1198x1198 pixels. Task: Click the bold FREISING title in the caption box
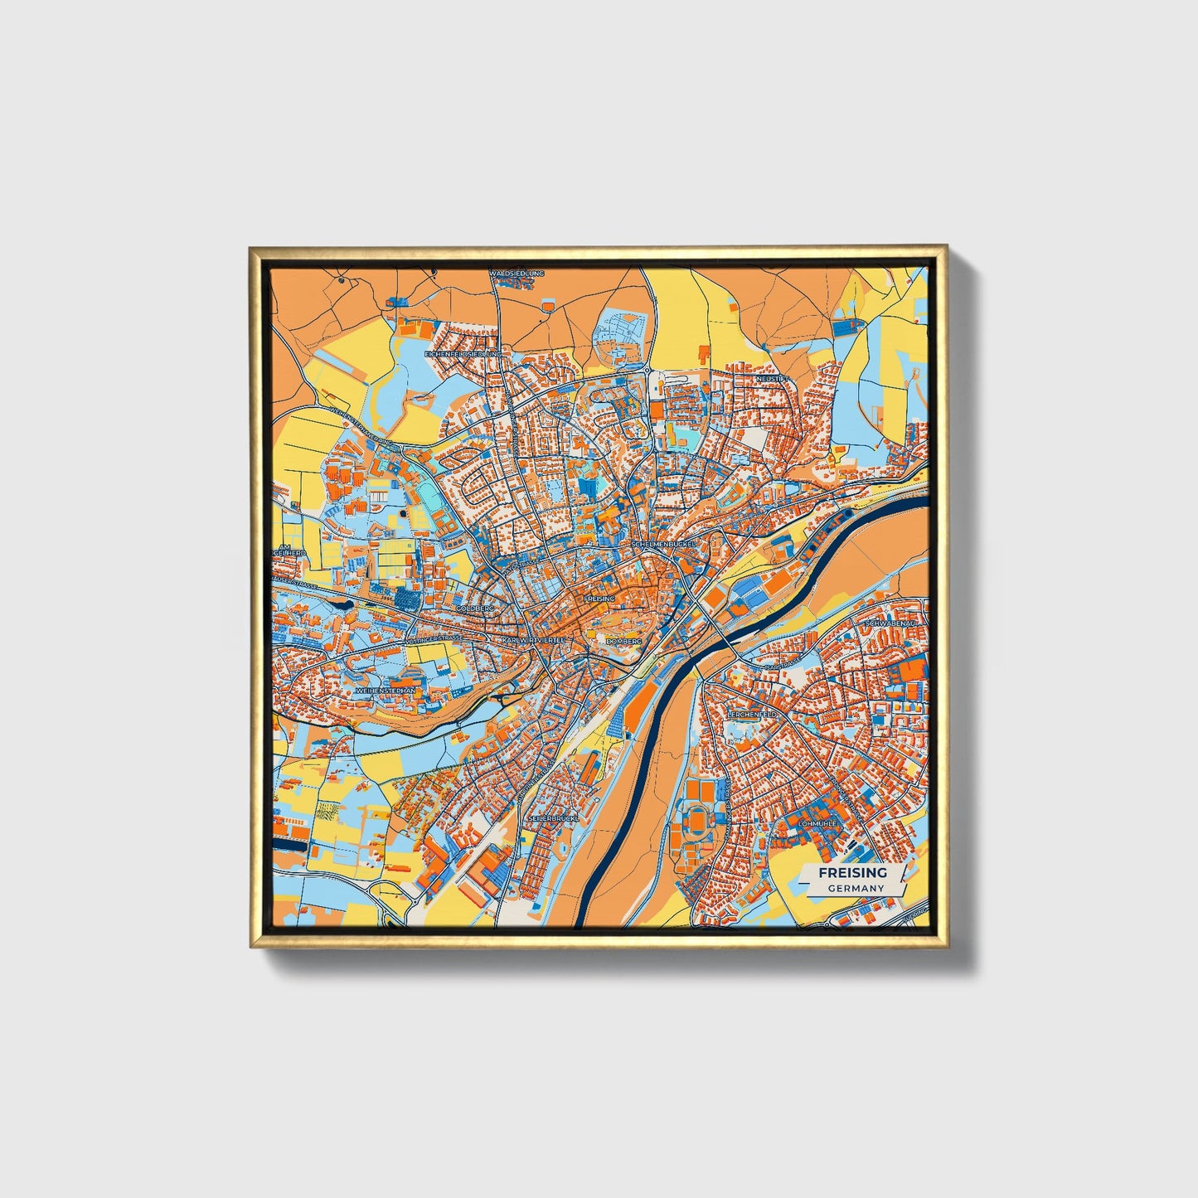(x=852, y=872)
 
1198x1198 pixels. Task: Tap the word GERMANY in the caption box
(x=856, y=888)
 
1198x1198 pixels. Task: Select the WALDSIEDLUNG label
(x=517, y=272)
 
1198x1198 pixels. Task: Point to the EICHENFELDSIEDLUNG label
(x=464, y=354)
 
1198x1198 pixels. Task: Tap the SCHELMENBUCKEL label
(x=664, y=544)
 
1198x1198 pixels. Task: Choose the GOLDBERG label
(x=475, y=609)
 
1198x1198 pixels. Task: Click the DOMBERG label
(x=623, y=642)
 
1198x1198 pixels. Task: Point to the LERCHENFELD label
(x=752, y=713)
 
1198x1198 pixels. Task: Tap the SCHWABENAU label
(x=889, y=623)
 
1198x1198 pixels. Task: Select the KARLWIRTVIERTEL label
(x=533, y=641)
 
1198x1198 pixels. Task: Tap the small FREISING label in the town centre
(x=599, y=598)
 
